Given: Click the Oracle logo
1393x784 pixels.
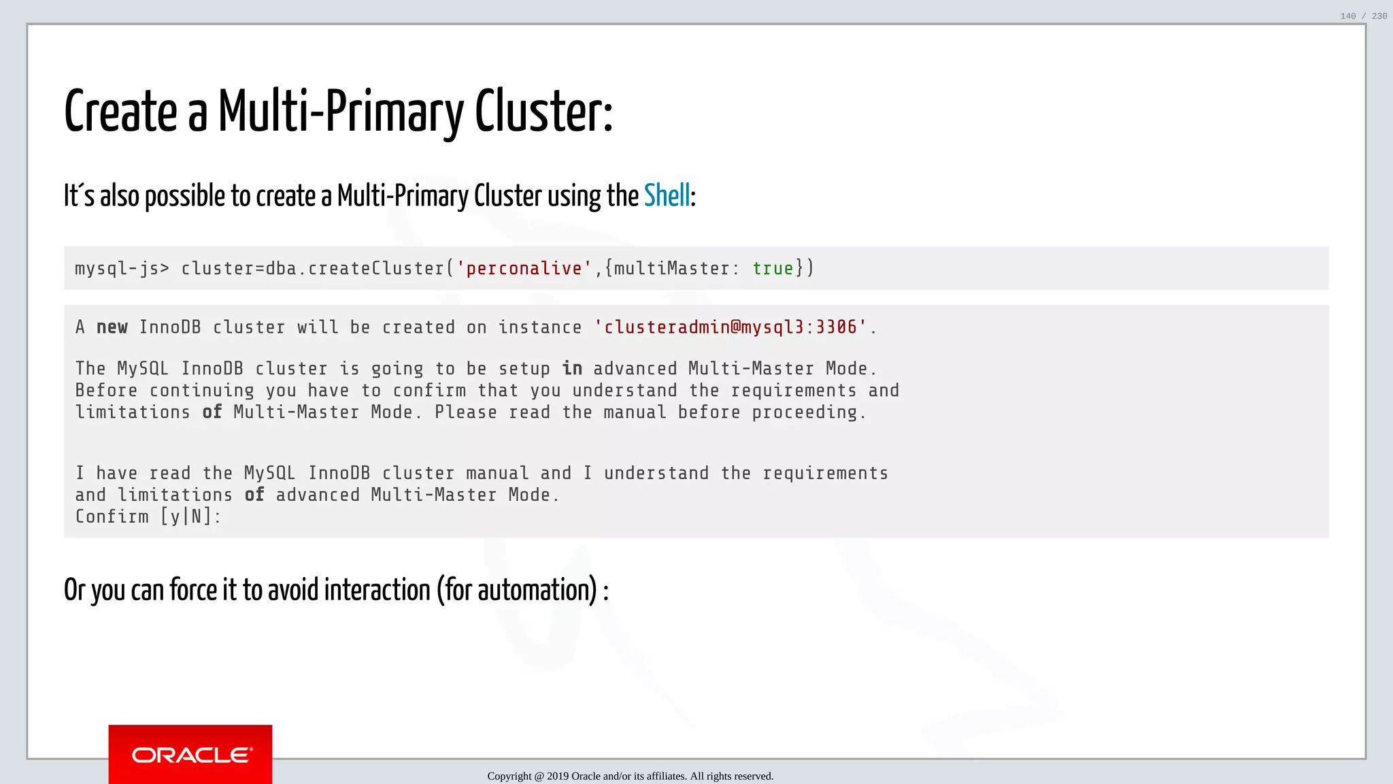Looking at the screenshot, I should click(x=190, y=755).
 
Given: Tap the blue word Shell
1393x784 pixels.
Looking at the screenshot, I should click(x=667, y=196).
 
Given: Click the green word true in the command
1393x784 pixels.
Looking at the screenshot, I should click(x=773, y=269).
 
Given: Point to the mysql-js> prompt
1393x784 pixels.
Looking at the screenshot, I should click(x=122, y=269).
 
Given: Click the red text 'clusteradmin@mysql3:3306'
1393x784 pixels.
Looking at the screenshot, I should click(x=731, y=328).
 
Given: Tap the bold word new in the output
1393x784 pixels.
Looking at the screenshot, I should click(x=112, y=328).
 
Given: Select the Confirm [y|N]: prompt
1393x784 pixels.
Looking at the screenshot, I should click(x=148, y=517).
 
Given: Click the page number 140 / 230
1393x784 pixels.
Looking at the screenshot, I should click(x=1363, y=16).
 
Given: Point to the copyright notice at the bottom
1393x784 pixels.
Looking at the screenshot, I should click(x=630, y=776).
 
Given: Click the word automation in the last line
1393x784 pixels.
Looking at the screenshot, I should click(x=537, y=590).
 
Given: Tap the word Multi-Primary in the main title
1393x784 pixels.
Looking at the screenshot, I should click(x=341, y=112).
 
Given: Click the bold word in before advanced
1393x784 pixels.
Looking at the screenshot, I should click(x=572, y=369).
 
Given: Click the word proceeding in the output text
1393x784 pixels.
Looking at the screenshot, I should click(x=805, y=412).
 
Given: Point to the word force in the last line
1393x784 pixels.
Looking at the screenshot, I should click(x=193, y=590).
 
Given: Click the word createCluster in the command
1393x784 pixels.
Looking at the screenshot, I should click(x=376, y=269).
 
